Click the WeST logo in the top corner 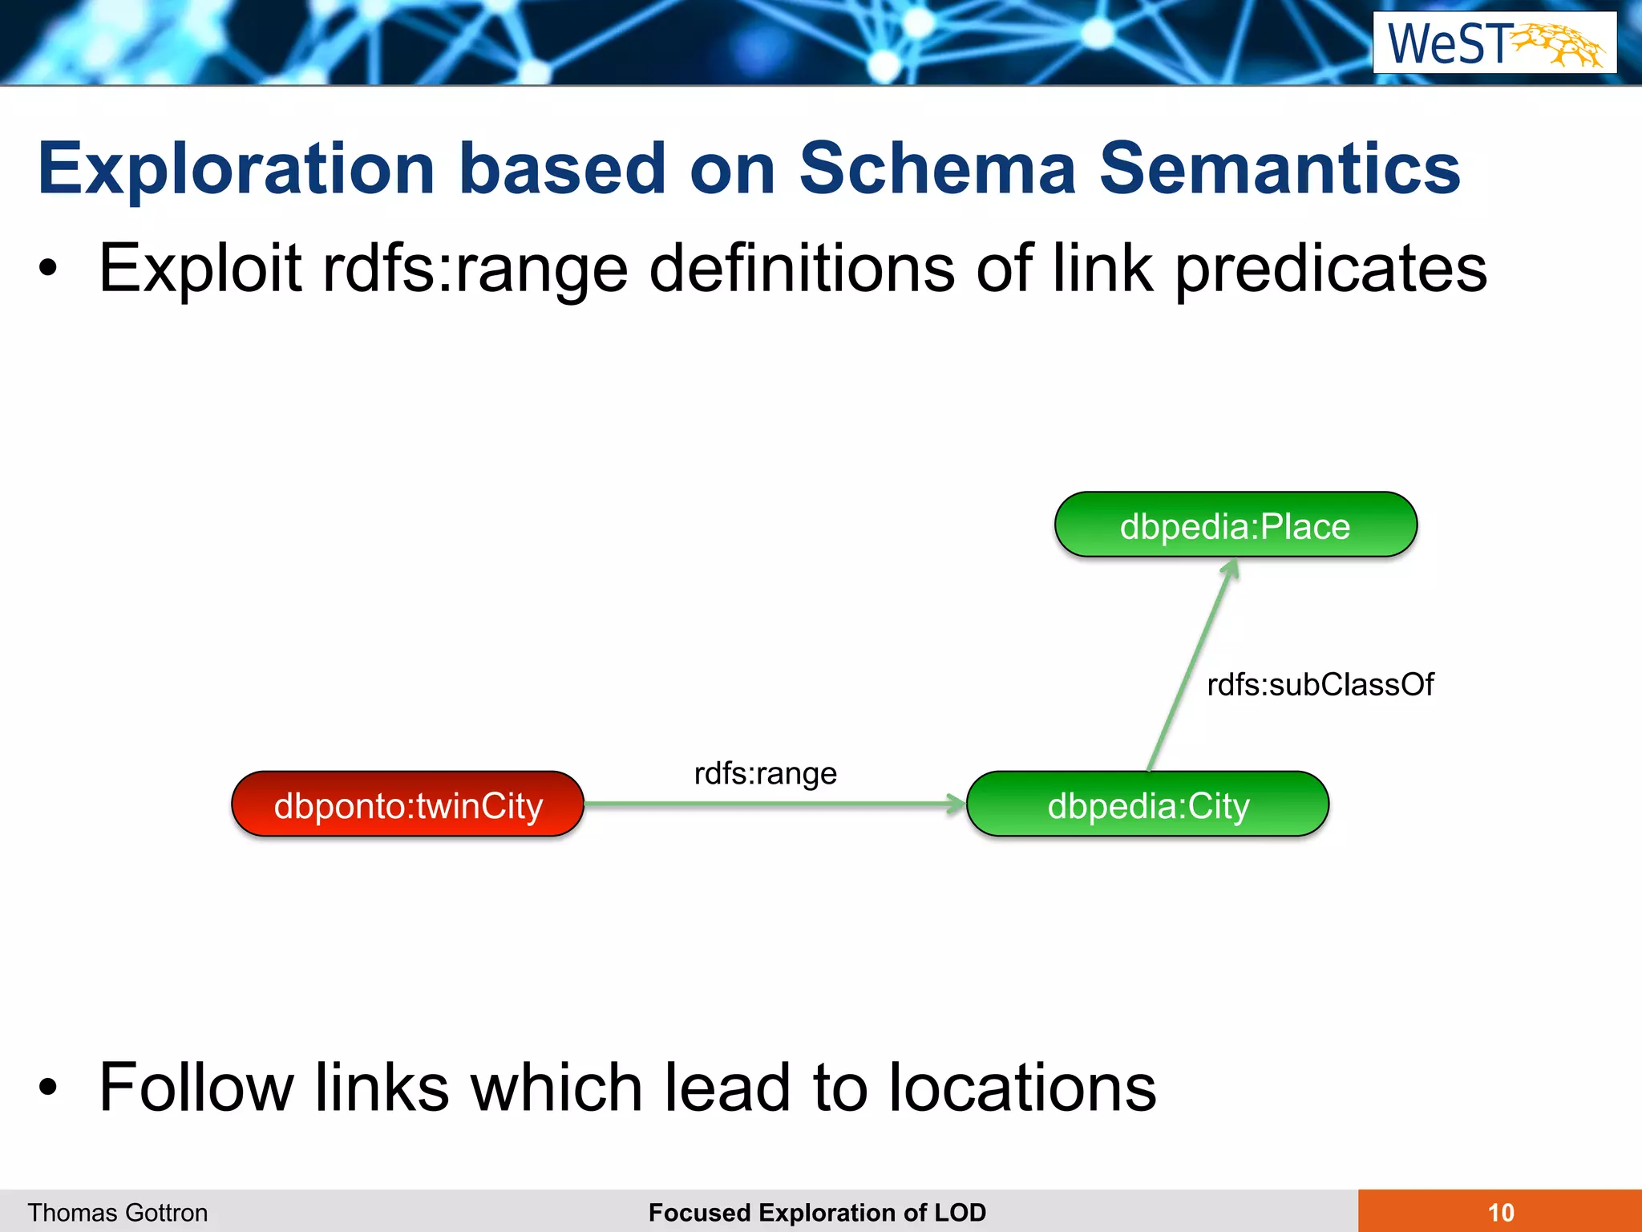click(x=1494, y=43)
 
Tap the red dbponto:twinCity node click(x=407, y=804)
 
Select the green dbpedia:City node click(x=1147, y=804)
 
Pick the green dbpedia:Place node click(x=1235, y=525)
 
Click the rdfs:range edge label click(x=765, y=774)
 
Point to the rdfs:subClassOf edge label click(x=1320, y=685)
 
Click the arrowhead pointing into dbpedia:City click(x=956, y=804)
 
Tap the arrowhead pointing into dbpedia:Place click(x=1231, y=569)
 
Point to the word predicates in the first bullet click(x=1331, y=269)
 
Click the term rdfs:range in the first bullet click(x=475, y=269)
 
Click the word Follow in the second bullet click(x=196, y=1088)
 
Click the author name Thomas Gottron click(x=118, y=1212)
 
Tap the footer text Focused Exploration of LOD click(x=817, y=1212)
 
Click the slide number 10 click(x=1500, y=1212)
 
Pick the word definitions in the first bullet click(x=802, y=269)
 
